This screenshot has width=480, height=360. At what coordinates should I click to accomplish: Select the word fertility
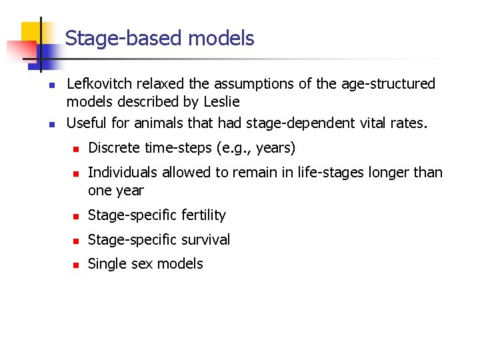click(x=200, y=215)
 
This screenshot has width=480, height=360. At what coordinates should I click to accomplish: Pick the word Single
click(x=107, y=264)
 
